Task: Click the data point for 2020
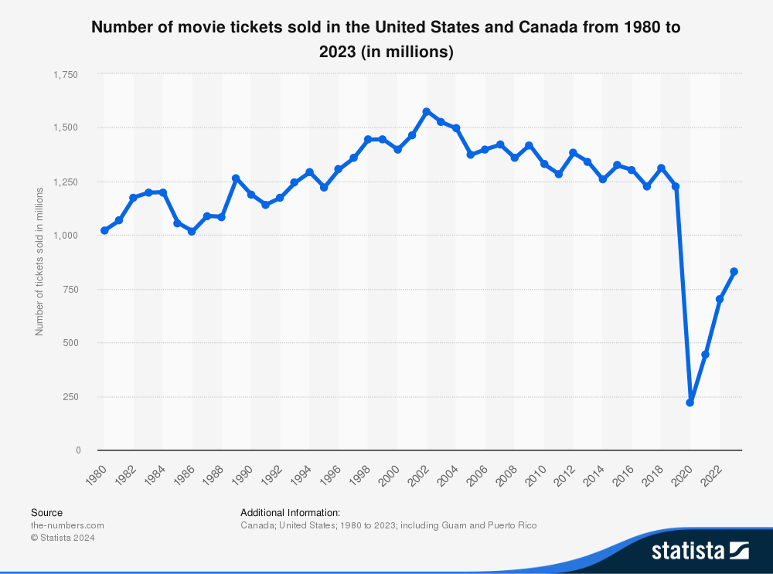(690, 402)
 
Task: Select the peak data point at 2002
(427, 112)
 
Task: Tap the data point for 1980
(104, 230)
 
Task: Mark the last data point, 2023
(734, 271)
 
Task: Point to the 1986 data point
(192, 232)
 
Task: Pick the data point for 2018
(661, 168)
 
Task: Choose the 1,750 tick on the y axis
(66, 74)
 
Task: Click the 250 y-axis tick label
(72, 396)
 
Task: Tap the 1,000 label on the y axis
(66, 236)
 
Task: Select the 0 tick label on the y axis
(77, 450)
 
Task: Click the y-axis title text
(39, 262)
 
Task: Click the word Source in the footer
(46, 512)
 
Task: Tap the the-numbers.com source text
(67, 525)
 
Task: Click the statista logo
(700, 550)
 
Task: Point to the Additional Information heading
(290, 512)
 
